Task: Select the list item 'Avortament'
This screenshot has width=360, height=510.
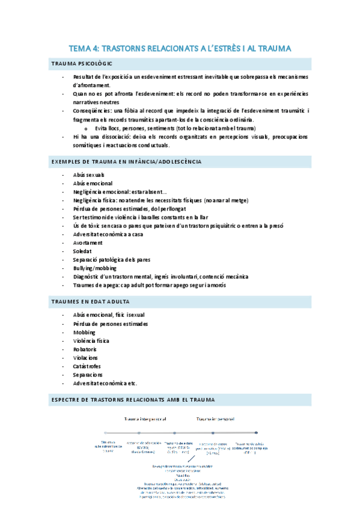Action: pyautogui.click(x=88, y=242)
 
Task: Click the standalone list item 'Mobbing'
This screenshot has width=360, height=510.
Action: pyautogui.click(x=85, y=331)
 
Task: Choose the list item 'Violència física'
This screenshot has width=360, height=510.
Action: pyautogui.click(x=91, y=340)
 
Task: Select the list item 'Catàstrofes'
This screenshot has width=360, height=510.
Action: pyautogui.click(x=88, y=366)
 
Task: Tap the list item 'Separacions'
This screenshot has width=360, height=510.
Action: pyautogui.click(x=88, y=374)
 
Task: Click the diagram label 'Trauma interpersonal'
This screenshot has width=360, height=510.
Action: pyautogui.click(x=144, y=419)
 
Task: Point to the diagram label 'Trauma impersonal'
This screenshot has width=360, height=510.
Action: pyautogui.click(x=215, y=419)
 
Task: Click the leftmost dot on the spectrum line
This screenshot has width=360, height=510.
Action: pyautogui.click(x=106, y=432)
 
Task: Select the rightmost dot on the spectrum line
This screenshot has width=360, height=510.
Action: pyautogui.click(x=257, y=432)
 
